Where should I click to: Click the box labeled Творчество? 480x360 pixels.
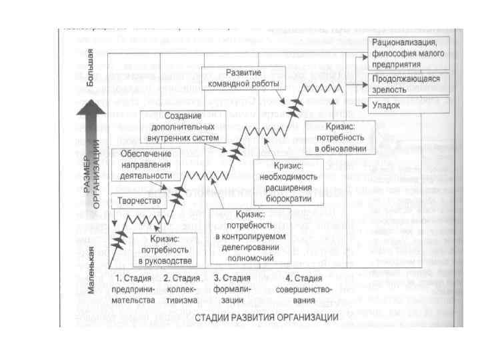point(140,199)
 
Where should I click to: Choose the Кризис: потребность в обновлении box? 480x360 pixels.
point(341,137)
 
